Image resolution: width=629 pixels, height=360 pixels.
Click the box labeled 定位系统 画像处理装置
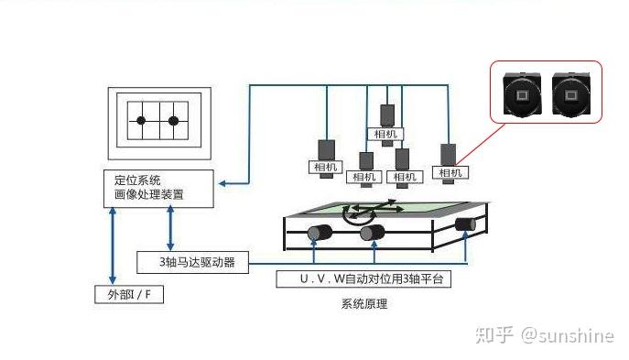(158, 189)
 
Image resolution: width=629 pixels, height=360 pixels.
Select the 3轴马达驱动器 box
(192, 263)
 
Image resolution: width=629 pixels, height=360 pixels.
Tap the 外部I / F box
(129, 295)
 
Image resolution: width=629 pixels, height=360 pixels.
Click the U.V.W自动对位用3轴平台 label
(363, 278)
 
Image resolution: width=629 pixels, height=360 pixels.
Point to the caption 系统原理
(364, 304)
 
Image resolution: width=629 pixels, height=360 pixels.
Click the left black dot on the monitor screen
(141, 120)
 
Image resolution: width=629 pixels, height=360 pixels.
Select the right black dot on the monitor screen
(173, 121)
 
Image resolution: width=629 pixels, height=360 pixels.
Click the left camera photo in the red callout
(522, 94)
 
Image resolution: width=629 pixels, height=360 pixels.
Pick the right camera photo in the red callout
(570, 94)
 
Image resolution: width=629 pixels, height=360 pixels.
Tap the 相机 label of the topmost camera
(385, 134)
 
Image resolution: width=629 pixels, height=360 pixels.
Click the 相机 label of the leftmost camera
(325, 167)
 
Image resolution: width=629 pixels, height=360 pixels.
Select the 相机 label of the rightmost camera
(450, 173)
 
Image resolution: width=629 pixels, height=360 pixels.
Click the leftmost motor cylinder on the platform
(320, 233)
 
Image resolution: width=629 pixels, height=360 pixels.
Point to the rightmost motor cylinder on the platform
(465, 224)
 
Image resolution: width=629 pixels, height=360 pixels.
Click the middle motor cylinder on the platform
(373, 233)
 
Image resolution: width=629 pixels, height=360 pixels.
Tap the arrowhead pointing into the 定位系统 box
(222, 183)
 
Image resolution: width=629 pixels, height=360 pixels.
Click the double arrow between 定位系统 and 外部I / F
(113, 245)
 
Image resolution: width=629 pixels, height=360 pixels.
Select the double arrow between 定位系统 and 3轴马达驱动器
(170, 228)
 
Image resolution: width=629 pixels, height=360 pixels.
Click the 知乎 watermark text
(494, 334)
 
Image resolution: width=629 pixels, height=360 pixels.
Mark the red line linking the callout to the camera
(481, 145)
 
